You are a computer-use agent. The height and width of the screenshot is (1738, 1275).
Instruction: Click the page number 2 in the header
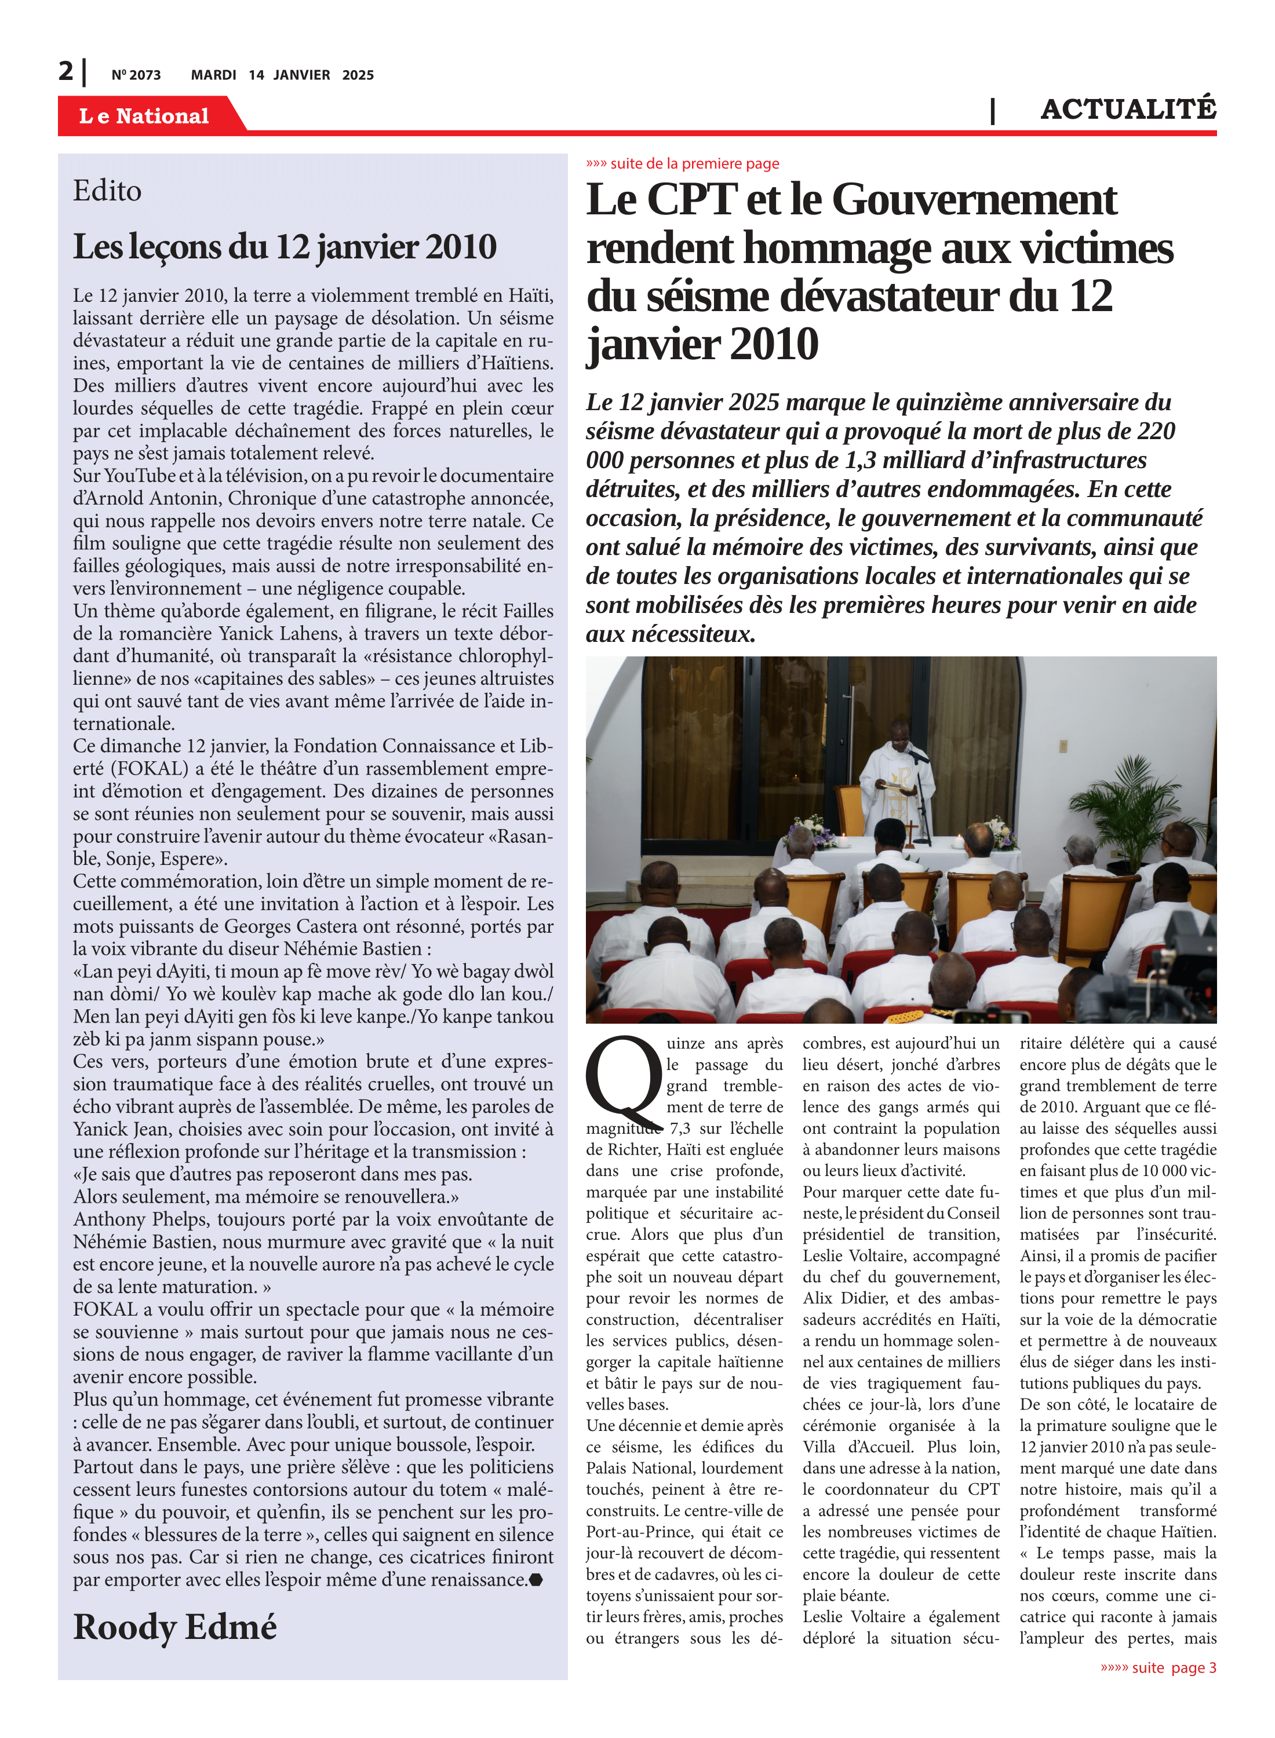click(65, 72)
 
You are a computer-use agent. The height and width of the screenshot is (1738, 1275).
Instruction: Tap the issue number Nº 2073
click(136, 75)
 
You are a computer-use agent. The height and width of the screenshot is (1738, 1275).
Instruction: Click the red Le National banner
click(144, 116)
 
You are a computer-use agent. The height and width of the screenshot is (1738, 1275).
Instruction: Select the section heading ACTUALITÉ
click(1128, 109)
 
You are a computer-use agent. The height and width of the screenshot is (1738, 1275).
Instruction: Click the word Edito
click(107, 191)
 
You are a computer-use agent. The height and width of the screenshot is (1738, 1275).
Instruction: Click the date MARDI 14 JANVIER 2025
click(282, 75)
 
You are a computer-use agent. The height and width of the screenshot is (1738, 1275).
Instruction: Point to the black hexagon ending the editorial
click(535, 1579)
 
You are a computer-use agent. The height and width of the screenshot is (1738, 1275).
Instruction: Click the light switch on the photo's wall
click(1063, 746)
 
